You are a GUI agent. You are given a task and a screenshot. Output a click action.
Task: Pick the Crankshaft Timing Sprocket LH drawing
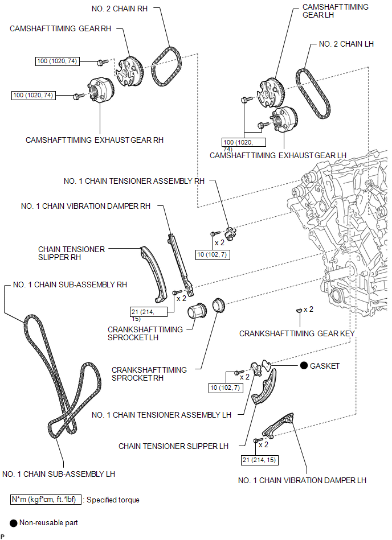click(197, 312)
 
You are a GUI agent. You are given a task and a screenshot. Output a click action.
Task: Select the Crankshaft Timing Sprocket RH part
click(219, 305)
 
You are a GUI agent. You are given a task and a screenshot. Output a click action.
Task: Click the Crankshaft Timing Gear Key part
click(299, 311)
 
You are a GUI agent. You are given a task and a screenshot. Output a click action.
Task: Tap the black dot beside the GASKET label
click(304, 365)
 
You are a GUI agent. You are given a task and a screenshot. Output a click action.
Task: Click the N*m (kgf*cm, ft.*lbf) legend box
click(46, 500)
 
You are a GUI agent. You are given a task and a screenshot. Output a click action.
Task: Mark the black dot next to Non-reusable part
click(14, 523)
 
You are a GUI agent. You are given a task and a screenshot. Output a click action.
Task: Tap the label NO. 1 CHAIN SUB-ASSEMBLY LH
click(59, 474)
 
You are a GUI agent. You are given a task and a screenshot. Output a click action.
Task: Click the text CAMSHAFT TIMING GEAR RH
click(60, 28)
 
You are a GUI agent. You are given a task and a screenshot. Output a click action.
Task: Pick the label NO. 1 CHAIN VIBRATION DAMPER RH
click(86, 207)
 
